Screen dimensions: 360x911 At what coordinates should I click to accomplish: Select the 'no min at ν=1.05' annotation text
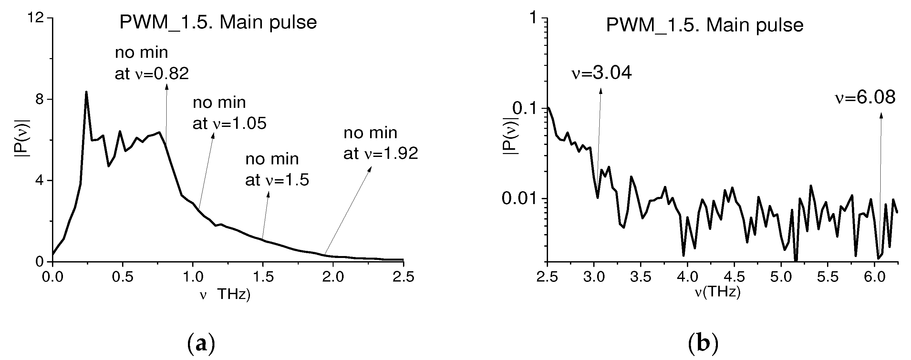click(x=229, y=113)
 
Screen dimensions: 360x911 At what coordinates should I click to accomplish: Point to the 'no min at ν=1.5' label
click(x=277, y=170)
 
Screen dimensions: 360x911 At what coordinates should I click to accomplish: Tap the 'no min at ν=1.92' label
click(x=380, y=143)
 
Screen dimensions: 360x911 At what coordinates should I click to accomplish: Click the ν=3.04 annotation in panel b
click(x=602, y=73)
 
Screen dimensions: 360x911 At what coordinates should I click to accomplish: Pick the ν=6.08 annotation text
click(x=865, y=97)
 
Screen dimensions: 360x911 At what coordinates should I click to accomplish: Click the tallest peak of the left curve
click(x=86, y=92)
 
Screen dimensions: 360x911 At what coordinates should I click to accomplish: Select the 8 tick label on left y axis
click(x=39, y=99)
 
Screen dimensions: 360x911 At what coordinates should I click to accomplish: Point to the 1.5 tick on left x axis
click(x=263, y=277)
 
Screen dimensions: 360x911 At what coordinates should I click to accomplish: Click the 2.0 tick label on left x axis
click(x=333, y=277)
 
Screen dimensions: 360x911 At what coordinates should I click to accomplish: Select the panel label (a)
click(x=201, y=343)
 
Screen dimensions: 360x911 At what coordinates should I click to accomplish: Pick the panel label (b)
click(x=703, y=343)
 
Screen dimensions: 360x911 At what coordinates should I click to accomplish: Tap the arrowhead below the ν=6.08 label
click(x=881, y=115)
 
